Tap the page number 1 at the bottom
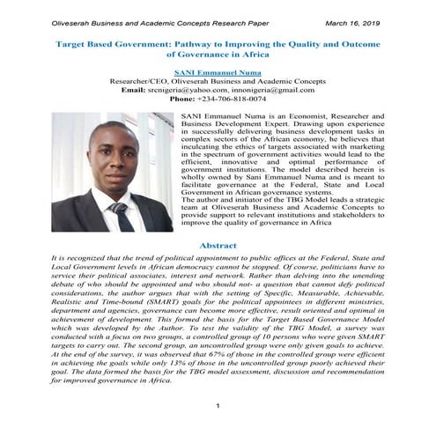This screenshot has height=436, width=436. pos(218,406)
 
